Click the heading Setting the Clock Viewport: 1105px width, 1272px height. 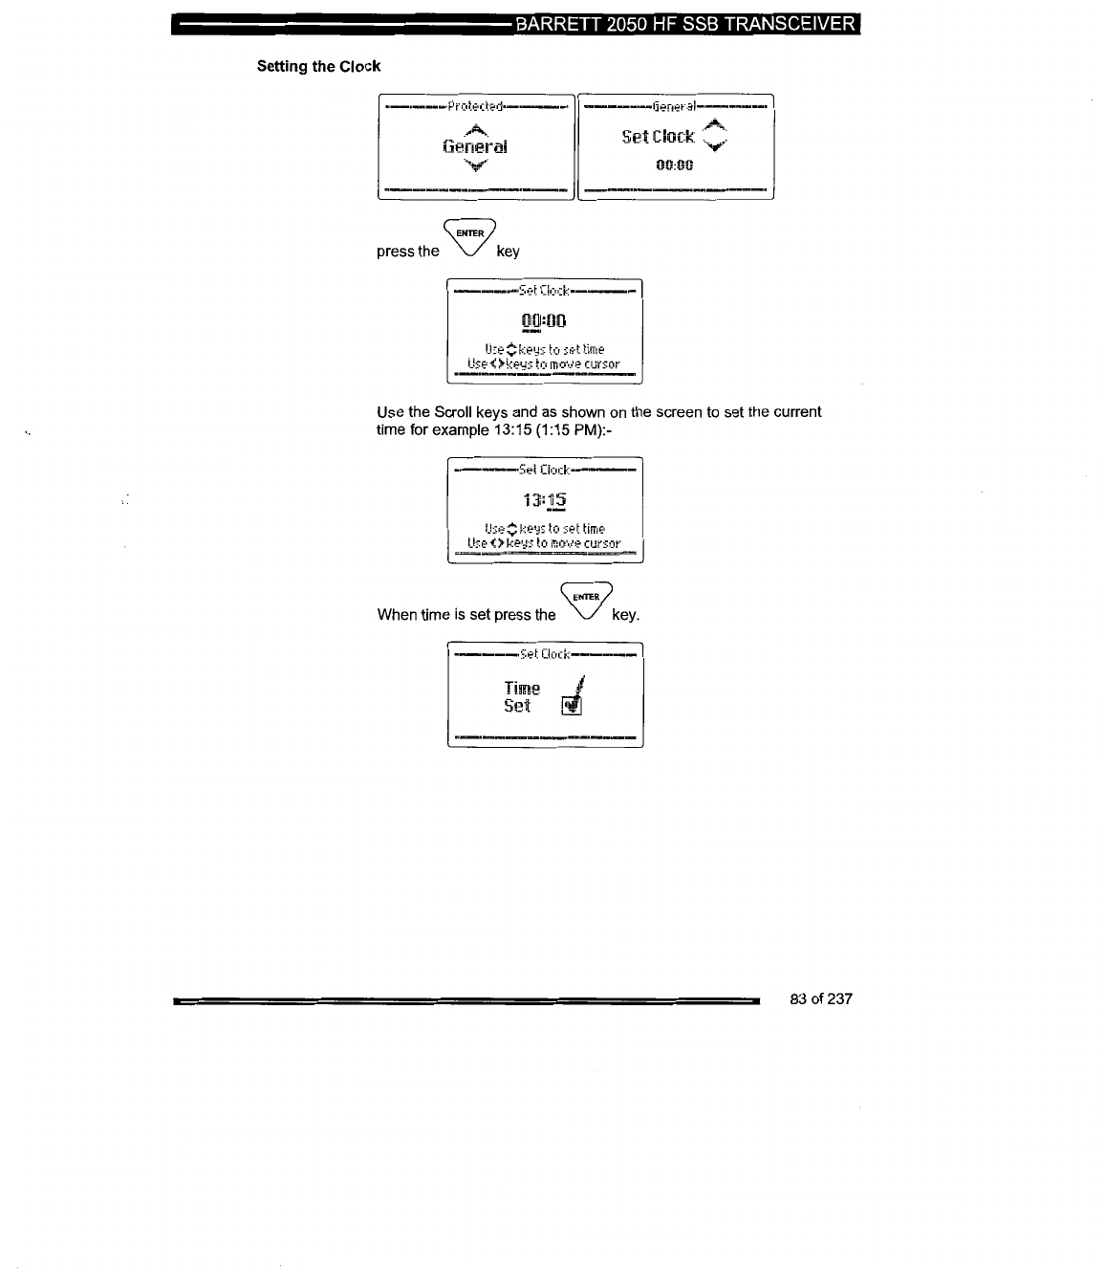coord(318,67)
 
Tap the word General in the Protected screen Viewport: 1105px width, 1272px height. coord(475,146)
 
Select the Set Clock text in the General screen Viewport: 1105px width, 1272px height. coord(658,137)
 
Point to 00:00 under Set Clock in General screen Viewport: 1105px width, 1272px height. coord(674,165)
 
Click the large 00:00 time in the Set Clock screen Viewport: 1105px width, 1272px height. coord(544,320)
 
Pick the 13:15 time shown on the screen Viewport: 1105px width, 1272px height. coord(544,500)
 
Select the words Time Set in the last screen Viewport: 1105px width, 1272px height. coord(521,697)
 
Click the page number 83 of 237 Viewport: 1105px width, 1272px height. coord(821,999)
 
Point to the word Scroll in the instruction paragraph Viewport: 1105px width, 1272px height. coord(455,412)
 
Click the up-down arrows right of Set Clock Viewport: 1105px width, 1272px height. coord(715,136)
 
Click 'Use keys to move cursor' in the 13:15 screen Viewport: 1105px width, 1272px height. coord(544,543)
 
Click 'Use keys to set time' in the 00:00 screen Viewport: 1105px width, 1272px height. coord(544,349)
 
